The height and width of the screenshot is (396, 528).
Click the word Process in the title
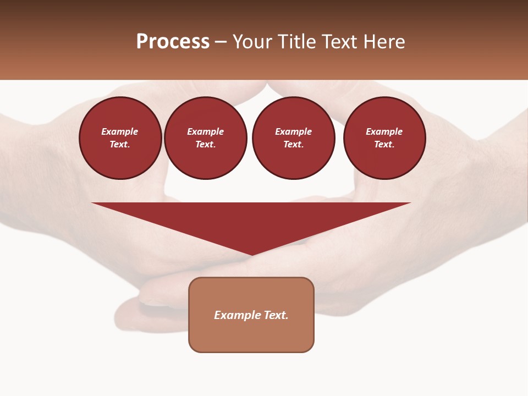coord(173,42)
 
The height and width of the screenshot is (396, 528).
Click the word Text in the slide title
coord(341,42)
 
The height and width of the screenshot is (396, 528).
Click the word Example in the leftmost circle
coord(120,131)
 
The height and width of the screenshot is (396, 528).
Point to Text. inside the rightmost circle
coord(384,144)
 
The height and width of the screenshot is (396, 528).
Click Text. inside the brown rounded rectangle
coord(276,315)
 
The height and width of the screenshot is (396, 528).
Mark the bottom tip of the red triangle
coord(251,255)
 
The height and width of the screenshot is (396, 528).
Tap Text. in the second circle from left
coord(206,144)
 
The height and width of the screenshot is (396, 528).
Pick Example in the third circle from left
coord(294,131)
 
